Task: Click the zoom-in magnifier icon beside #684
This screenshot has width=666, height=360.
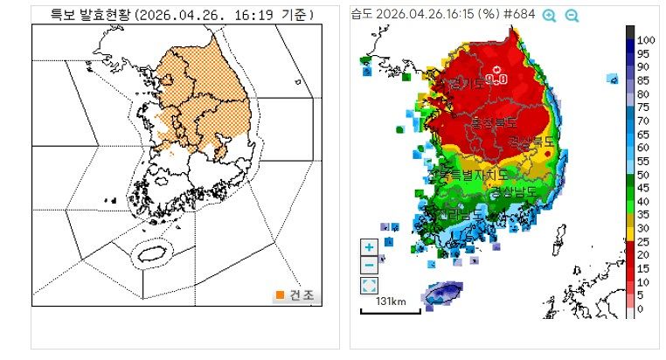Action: pos(549,15)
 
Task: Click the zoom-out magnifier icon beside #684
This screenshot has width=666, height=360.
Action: pos(572,15)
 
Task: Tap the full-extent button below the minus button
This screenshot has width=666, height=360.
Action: pos(369,286)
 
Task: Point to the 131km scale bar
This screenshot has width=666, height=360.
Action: pos(390,308)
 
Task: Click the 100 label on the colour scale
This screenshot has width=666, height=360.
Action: pos(646,40)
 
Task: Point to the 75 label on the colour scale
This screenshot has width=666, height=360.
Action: pos(642,107)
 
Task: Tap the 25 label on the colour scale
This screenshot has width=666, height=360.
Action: pos(642,241)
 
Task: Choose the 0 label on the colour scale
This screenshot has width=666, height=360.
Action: pos(640,308)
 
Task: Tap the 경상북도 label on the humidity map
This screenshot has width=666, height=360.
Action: pos(531,141)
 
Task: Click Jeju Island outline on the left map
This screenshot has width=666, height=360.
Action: pos(153,253)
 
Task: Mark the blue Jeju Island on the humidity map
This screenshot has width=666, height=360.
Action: pos(443,293)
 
